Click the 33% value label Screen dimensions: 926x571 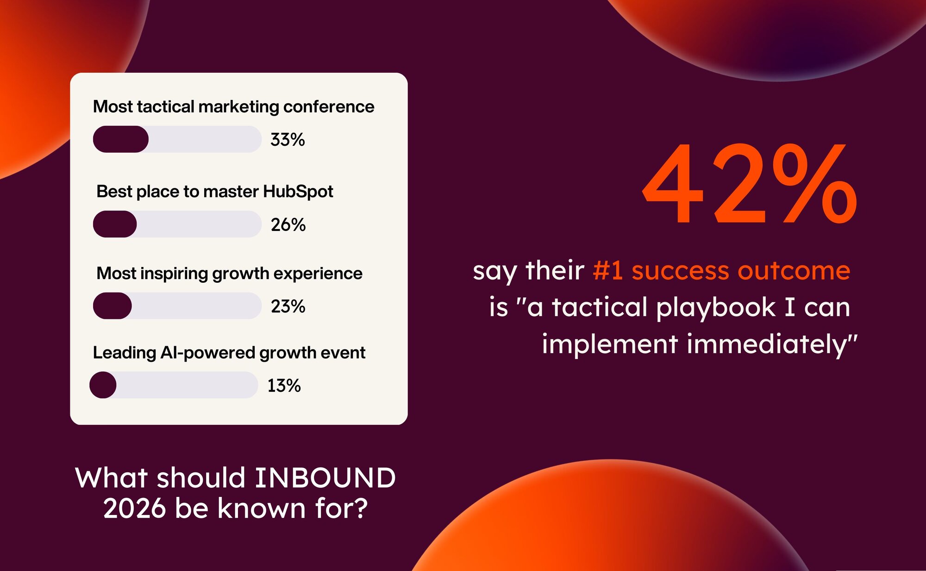[x=288, y=139]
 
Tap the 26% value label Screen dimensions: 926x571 [x=288, y=224]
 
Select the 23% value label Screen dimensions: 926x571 [x=288, y=306]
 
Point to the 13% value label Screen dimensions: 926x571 [x=284, y=385]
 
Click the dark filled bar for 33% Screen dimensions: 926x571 [x=121, y=139]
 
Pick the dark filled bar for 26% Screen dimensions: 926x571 [x=115, y=224]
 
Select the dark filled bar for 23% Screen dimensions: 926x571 [x=113, y=306]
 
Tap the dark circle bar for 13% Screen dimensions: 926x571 [x=103, y=385]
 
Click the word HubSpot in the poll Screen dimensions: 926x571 [x=298, y=192]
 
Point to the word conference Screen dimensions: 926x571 [x=329, y=106]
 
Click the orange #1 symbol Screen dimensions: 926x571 [x=608, y=271]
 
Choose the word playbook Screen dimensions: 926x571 [x=716, y=308]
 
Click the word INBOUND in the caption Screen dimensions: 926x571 [x=325, y=478]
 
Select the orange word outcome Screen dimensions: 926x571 [x=794, y=271]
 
